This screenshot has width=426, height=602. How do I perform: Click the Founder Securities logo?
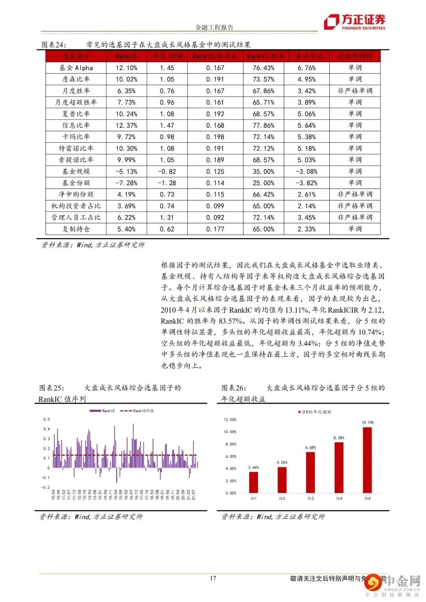(354, 22)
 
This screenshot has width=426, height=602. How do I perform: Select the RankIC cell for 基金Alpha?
(127, 68)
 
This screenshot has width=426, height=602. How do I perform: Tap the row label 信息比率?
(76, 125)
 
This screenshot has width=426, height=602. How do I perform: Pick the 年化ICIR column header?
(167, 56)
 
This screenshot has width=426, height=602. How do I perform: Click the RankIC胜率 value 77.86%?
(263, 125)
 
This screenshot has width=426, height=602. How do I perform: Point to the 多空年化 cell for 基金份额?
(306, 183)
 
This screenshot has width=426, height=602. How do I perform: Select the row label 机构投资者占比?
(76, 206)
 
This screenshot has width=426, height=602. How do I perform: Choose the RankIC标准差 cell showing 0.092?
(215, 217)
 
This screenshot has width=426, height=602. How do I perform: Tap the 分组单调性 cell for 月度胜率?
(355, 91)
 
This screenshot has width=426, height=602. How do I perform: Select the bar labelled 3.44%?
(253, 482)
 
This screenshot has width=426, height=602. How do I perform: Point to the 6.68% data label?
(310, 447)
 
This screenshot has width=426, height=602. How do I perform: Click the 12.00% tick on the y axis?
(230, 419)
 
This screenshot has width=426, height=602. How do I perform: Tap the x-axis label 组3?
(310, 499)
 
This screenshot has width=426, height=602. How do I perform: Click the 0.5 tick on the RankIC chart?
(47, 419)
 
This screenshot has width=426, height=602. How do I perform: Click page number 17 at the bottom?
(213, 578)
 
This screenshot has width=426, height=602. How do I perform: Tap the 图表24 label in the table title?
(54, 45)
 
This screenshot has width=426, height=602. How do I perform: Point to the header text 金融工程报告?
(215, 28)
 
